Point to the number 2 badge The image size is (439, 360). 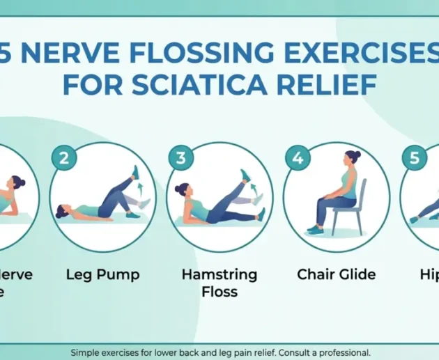[x=63, y=157]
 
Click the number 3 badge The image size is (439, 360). [x=180, y=157]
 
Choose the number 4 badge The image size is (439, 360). [x=298, y=157]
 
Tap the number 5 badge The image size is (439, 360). [x=415, y=157]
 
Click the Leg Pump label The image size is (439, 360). [x=102, y=274]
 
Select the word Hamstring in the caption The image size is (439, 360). [x=219, y=274]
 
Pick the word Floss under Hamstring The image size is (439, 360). [x=219, y=292]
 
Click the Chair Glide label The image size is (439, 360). [x=336, y=274]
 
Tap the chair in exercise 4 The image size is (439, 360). [x=353, y=205]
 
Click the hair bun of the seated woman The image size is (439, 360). [x=357, y=155]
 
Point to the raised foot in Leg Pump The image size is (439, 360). [x=135, y=171]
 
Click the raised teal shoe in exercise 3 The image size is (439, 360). [x=245, y=175]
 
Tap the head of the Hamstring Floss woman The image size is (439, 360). [x=183, y=190]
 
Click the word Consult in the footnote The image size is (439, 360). [x=292, y=353]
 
